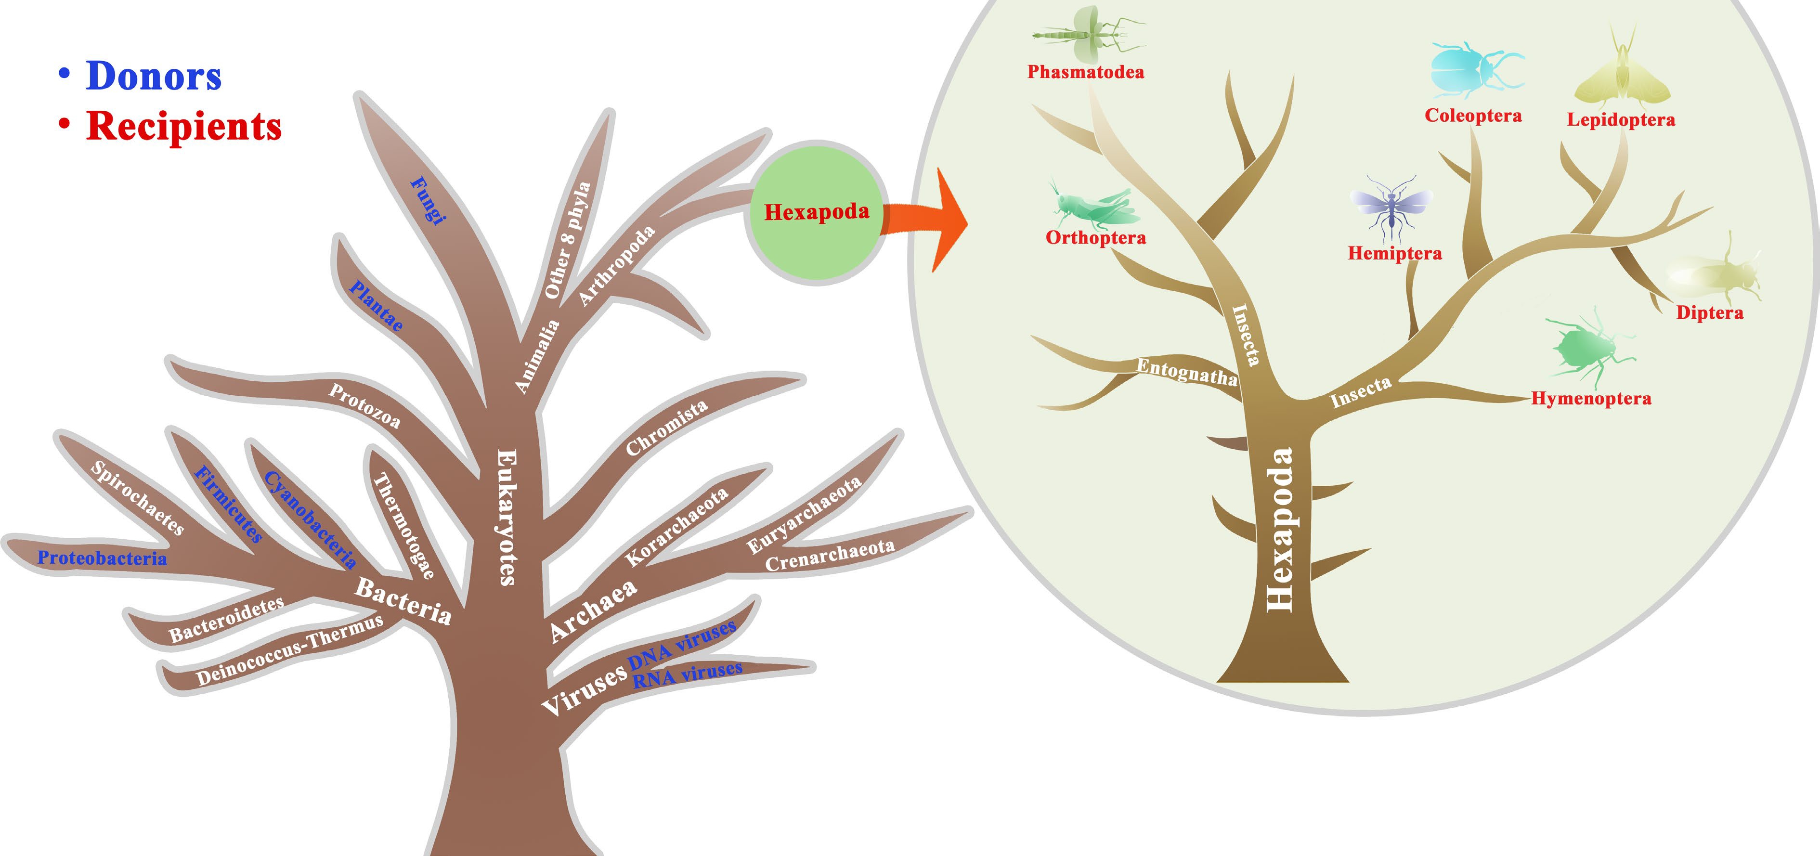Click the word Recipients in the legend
coord(184,127)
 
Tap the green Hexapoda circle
coord(816,212)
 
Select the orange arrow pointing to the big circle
coord(933,219)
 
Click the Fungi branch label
coord(428,200)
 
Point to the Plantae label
coord(377,306)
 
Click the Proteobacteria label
coord(103,558)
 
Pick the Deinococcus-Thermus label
coord(290,650)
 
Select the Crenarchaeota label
coord(830,555)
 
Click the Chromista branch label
coord(666,428)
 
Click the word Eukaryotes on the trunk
coord(507,517)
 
